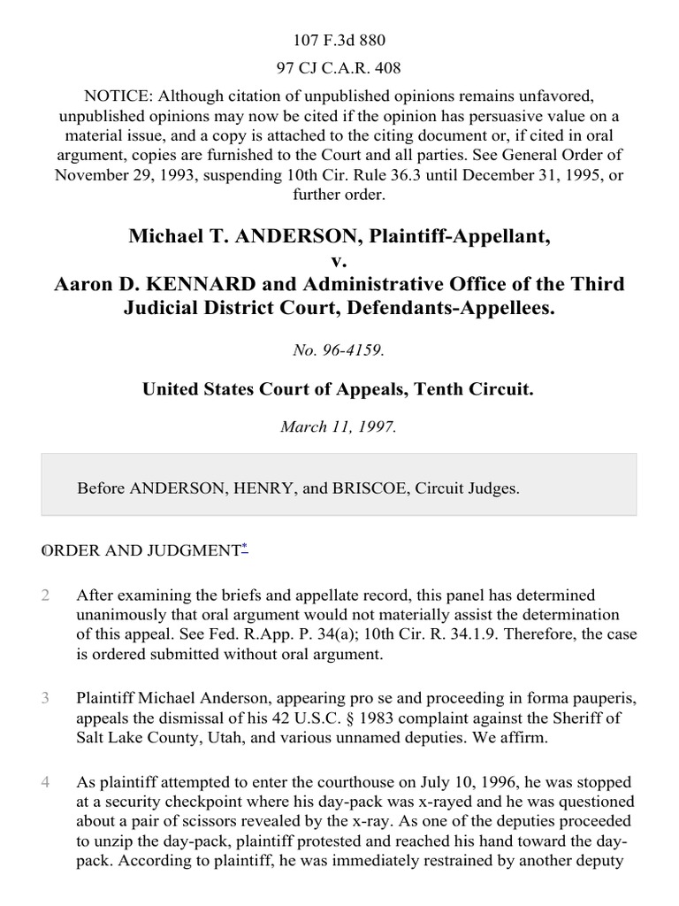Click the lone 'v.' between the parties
tap(339, 261)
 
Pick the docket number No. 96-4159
tap(339, 350)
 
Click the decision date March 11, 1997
tap(339, 426)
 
